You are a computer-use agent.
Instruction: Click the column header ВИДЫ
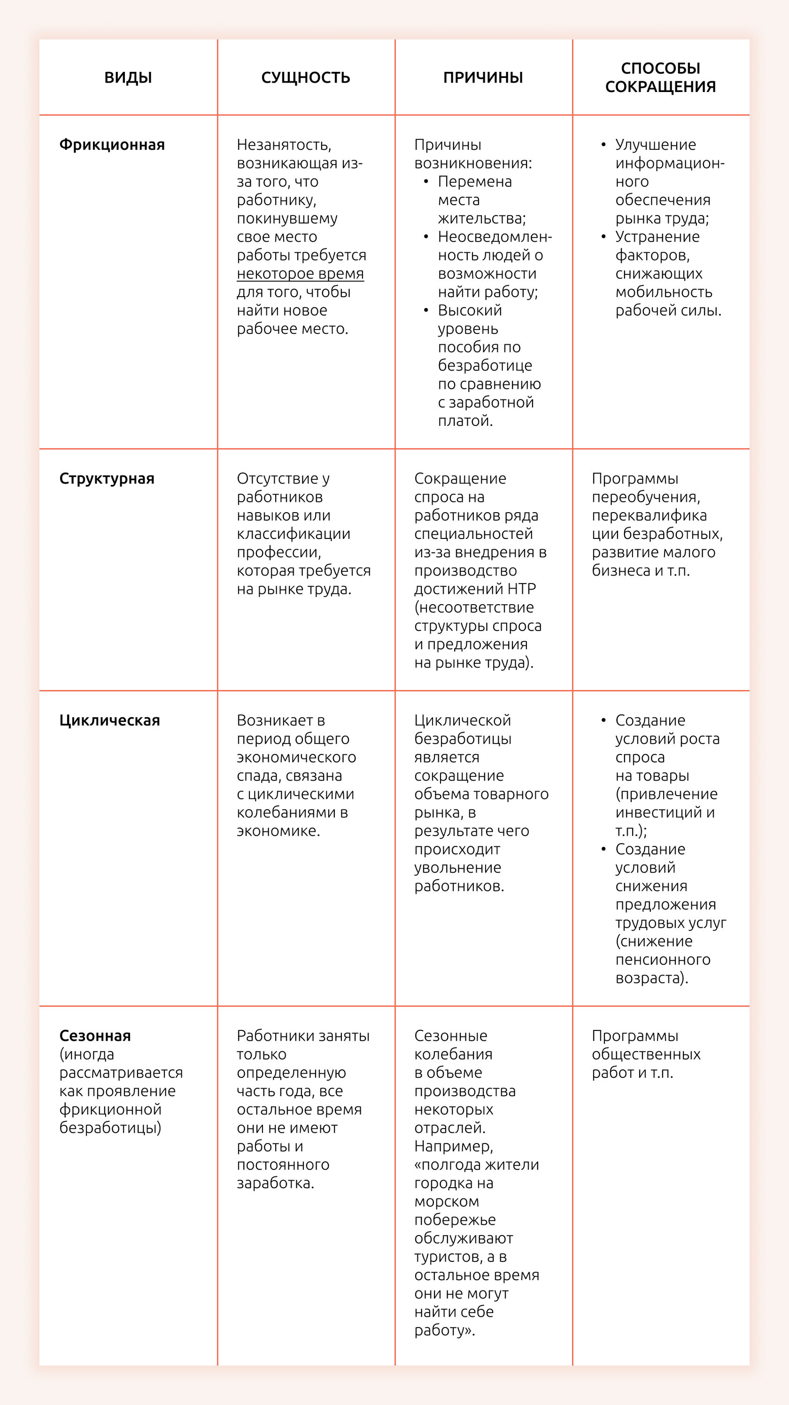coord(128,77)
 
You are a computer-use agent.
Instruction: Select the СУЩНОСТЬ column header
coord(306,77)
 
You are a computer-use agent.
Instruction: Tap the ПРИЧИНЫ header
coord(483,77)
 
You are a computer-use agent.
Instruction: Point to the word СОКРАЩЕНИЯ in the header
coord(660,87)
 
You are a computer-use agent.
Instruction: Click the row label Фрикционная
coord(112,145)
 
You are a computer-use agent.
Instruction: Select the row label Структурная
coord(107,478)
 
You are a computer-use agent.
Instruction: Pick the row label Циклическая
coord(110,720)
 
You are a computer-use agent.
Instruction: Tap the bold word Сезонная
coord(95,1035)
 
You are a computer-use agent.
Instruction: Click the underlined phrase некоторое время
coord(300,273)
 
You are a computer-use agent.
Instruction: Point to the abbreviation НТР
coord(522,589)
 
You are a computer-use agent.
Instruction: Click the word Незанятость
coord(284,145)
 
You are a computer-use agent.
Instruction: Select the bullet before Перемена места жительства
coord(425,181)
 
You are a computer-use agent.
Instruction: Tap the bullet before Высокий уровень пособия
coord(425,310)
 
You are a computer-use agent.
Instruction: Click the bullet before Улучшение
coord(603,145)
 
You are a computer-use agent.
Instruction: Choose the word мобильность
coord(664,292)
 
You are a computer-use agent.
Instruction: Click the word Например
coord(453,1146)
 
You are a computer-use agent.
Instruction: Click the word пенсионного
coord(662,959)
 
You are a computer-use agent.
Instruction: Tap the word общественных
coord(646,1054)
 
